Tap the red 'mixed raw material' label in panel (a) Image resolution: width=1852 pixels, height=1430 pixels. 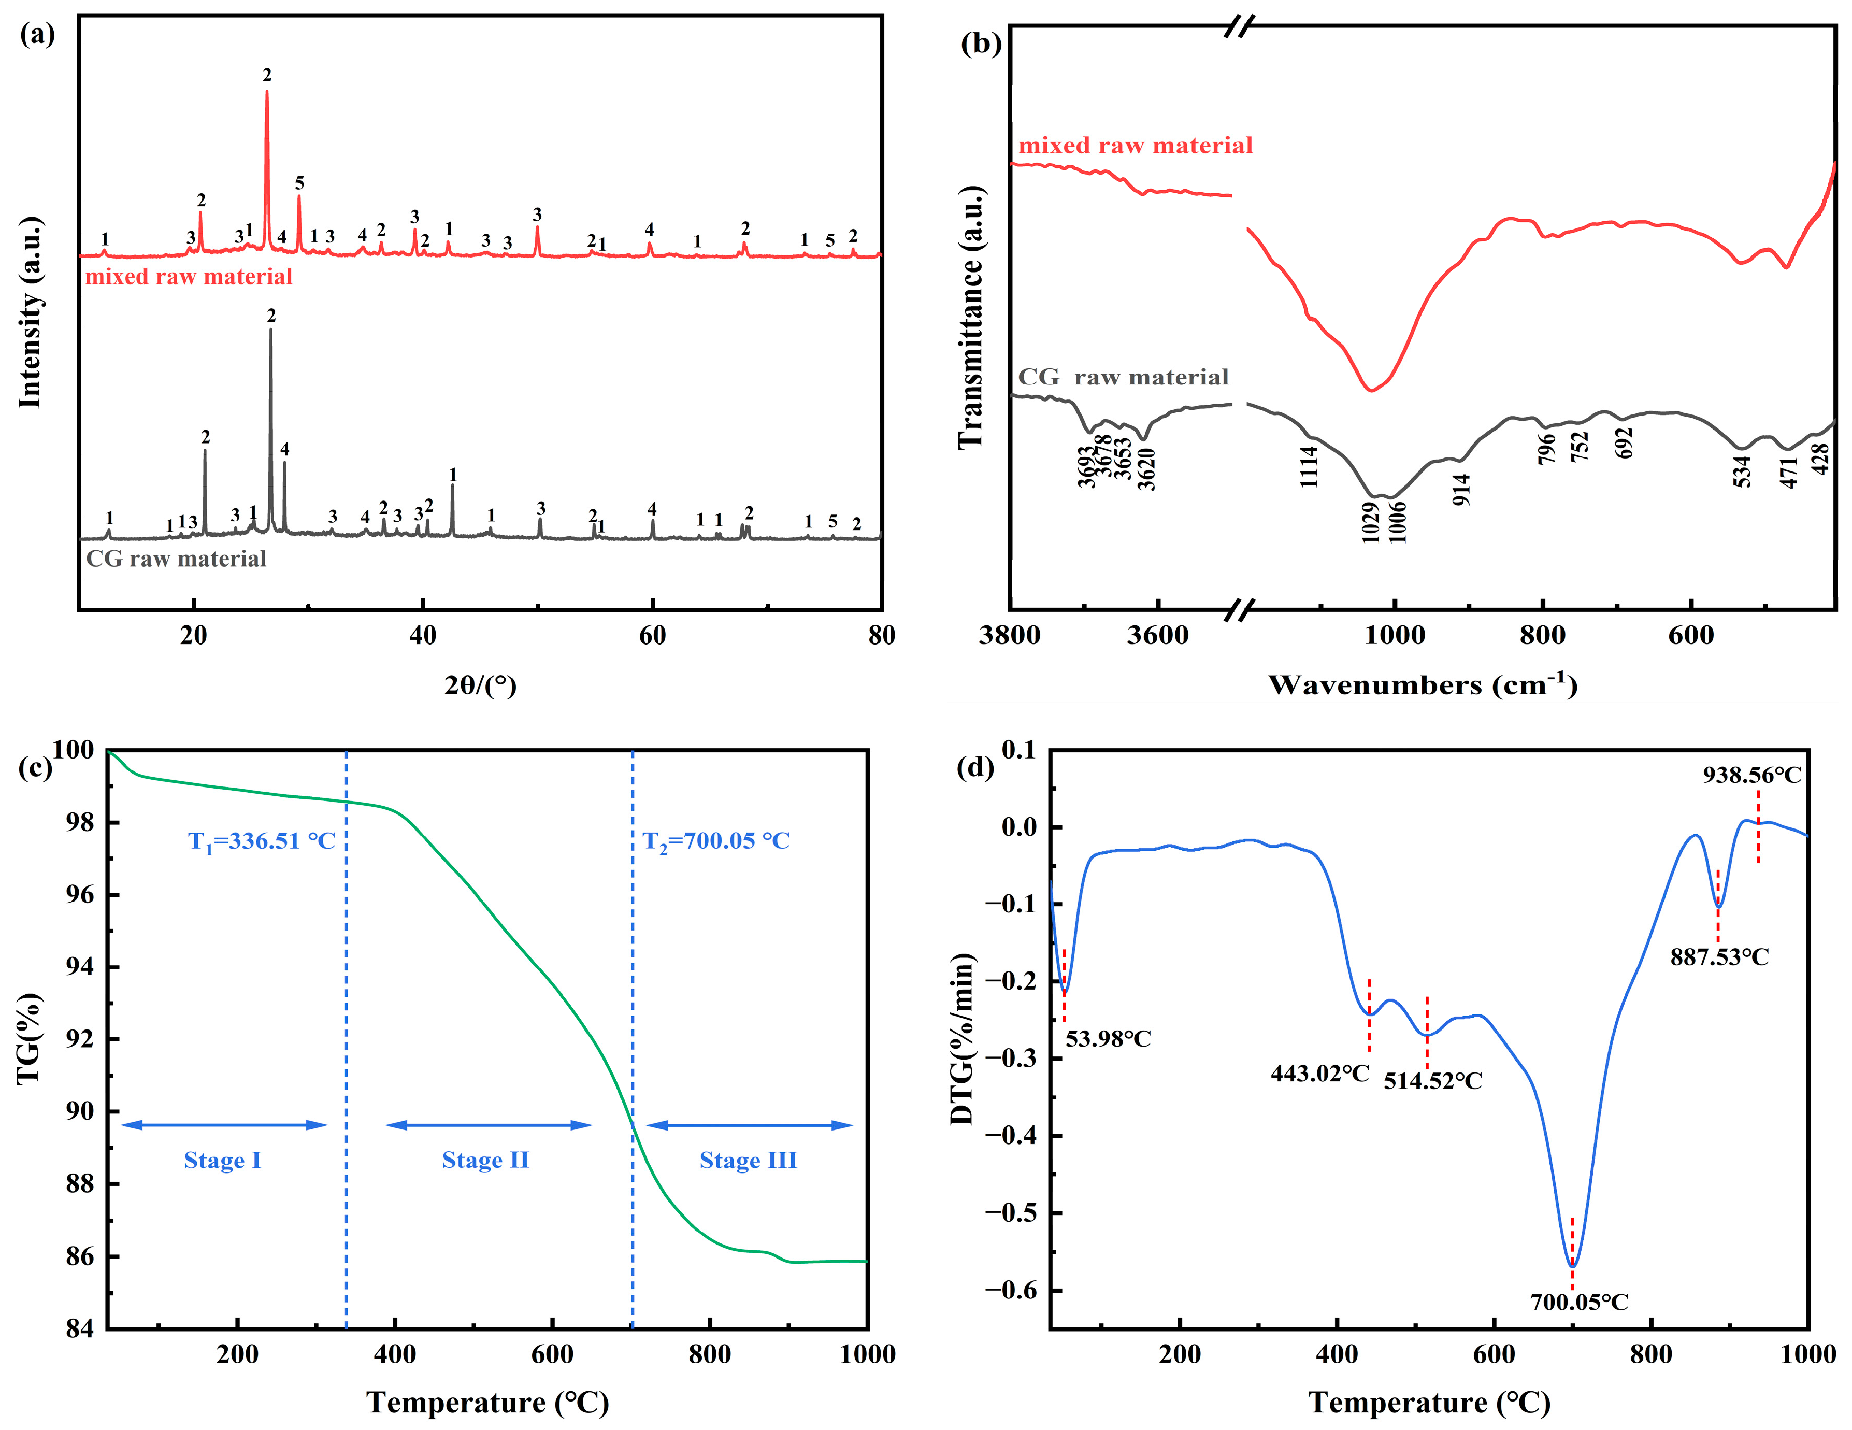tap(188, 277)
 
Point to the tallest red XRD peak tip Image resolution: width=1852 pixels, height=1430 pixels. tap(267, 92)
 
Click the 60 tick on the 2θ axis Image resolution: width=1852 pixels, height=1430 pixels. tap(652, 635)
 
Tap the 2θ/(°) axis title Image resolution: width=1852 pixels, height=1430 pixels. tap(480, 684)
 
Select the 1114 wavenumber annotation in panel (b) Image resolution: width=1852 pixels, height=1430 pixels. tap(1309, 466)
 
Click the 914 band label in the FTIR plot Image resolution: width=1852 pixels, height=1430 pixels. tap(1461, 490)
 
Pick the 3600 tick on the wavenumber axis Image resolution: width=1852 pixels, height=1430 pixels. tap(1157, 635)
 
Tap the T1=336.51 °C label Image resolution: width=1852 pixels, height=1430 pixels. tap(261, 841)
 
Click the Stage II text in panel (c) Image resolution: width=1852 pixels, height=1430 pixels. tap(485, 1160)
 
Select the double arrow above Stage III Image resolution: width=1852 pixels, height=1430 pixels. tap(749, 1125)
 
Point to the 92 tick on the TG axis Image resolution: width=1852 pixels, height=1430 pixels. tap(81, 1039)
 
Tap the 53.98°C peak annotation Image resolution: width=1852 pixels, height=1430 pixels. tap(1108, 1039)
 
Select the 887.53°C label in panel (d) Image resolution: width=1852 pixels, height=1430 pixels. tap(1720, 957)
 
